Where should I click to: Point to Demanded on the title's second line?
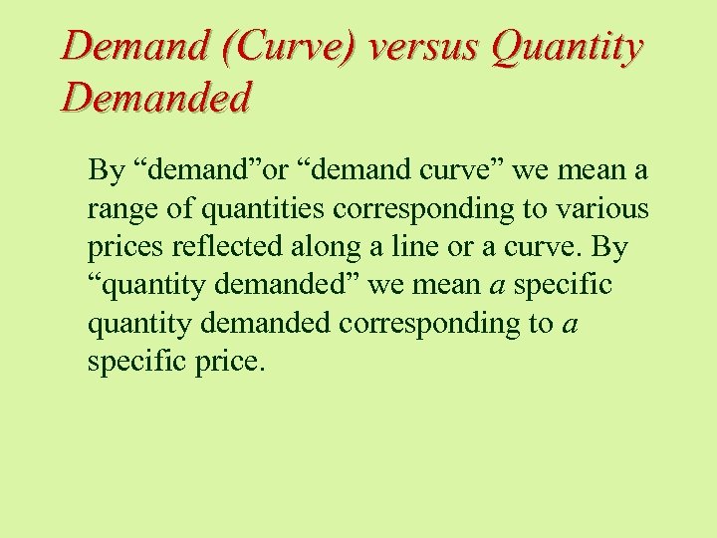[x=156, y=98]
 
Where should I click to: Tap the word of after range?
[x=181, y=209]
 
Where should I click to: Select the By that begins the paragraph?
[x=107, y=171]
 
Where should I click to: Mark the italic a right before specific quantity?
[x=496, y=285]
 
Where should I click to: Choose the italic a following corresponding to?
[x=570, y=323]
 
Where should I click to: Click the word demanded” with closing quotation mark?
[x=302, y=285]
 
